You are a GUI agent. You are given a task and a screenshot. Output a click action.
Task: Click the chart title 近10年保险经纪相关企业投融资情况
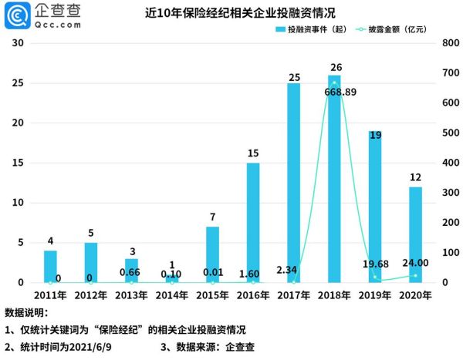point(231,13)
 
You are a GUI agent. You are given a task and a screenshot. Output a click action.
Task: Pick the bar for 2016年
point(253,223)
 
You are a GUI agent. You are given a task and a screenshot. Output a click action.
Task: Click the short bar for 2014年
point(172,278)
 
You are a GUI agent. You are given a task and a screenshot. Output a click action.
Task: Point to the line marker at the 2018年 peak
point(334,82)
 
